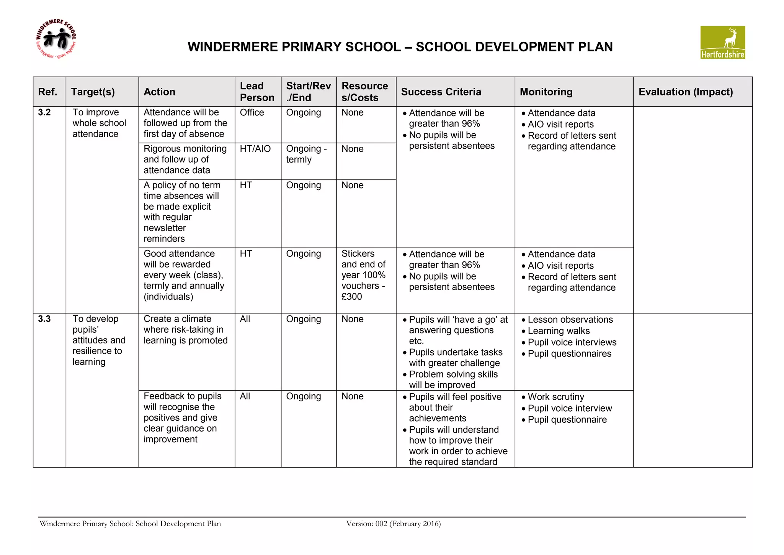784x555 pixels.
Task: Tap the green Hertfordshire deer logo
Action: point(722,43)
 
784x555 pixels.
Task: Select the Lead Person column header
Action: point(257,92)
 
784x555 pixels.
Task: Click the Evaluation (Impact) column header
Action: point(685,92)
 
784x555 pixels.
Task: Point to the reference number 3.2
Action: point(44,112)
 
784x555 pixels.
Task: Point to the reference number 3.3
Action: point(44,319)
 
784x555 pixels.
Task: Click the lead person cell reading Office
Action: point(252,113)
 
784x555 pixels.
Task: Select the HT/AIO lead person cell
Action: point(255,149)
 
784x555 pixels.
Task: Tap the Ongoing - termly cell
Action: point(306,154)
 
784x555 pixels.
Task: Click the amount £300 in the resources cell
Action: point(351,297)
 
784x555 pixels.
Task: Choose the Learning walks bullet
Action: point(559,331)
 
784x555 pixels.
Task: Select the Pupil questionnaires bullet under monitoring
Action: point(569,354)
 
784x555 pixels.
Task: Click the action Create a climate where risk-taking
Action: point(185,330)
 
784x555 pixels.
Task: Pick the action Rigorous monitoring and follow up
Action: point(185,159)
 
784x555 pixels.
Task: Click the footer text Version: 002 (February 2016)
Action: point(393,524)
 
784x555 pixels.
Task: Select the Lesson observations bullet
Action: point(570,320)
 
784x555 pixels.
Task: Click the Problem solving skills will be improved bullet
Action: point(453,379)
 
